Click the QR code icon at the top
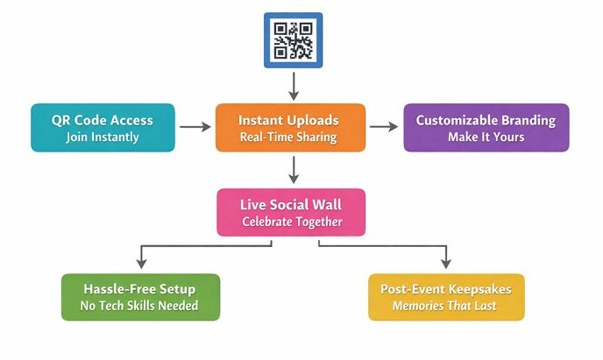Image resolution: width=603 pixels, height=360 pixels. click(x=294, y=39)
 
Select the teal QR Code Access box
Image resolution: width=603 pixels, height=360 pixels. click(x=103, y=128)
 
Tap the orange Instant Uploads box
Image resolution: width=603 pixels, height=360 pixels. click(x=290, y=128)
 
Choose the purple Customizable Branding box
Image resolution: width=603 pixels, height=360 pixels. click(x=486, y=128)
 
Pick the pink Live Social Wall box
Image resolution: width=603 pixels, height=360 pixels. click(x=291, y=212)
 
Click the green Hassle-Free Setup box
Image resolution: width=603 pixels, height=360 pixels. click(x=139, y=296)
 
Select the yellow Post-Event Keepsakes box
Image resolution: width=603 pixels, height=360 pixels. click(x=446, y=296)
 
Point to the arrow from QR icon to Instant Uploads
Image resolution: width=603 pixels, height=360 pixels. click(x=294, y=85)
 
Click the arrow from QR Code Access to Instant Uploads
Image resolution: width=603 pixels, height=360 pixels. click(x=195, y=127)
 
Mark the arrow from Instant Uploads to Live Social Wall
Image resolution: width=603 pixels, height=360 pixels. click(x=294, y=169)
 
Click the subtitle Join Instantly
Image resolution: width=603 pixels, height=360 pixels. click(x=103, y=137)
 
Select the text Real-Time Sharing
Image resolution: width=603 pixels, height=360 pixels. click(x=289, y=138)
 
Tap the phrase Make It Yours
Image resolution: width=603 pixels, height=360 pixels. click(x=486, y=138)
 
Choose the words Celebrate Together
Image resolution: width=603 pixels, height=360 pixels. click(x=292, y=222)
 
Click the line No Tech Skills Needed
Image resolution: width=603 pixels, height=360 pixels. click(x=139, y=306)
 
